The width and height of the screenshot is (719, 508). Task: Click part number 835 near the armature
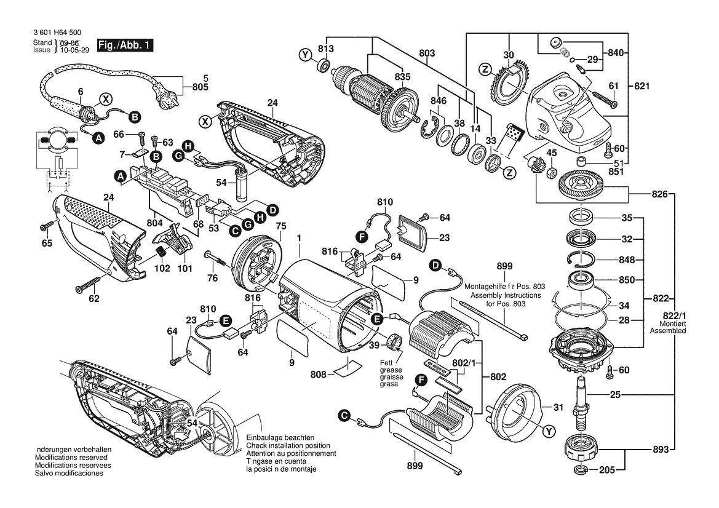tap(403, 77)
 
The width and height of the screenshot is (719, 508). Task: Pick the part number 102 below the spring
tap(161, 269)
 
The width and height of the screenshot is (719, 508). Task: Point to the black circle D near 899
tap(435, 266)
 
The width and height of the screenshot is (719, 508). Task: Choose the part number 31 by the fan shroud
tap(558, 407)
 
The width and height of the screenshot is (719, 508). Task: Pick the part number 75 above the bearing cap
tap(280, 225)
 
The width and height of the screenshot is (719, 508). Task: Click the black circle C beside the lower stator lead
tap(344, 418)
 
